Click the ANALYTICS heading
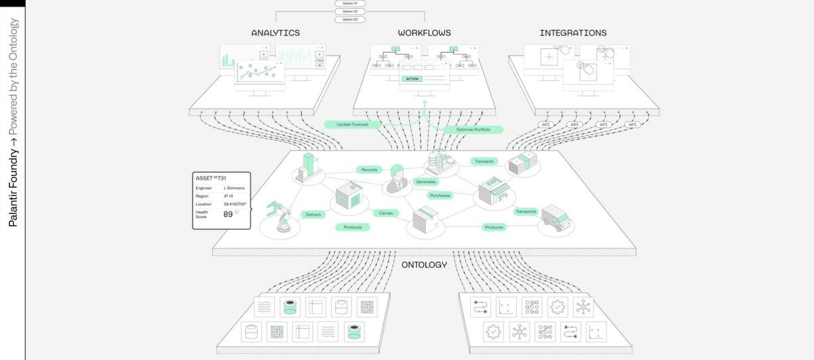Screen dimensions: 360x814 pos(275,33)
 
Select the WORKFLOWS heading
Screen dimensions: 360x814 pos(424,33)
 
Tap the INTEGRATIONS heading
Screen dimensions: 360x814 pos(573,33)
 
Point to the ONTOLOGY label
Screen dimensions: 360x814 pos(424,264)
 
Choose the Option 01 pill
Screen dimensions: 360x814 pos(350,3)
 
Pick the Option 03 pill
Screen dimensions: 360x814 pos(350,19)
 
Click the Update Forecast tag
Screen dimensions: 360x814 pos(352,125)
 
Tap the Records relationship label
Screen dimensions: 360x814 pos(369,169)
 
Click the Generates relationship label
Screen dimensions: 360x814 pos(426,182)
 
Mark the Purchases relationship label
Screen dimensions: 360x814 pos(440,195)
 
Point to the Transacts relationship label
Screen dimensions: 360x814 pos(484,161)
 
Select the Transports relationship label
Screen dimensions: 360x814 pos(526,212)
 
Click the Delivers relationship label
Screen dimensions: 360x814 pos(313,214)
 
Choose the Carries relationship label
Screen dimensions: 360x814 pos(386,213)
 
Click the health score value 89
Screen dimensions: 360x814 pos(229,214)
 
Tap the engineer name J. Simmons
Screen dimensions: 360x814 pos(233,188)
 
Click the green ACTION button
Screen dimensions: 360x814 pos(412,79)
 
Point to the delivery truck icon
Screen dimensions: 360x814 pos(555,218)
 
